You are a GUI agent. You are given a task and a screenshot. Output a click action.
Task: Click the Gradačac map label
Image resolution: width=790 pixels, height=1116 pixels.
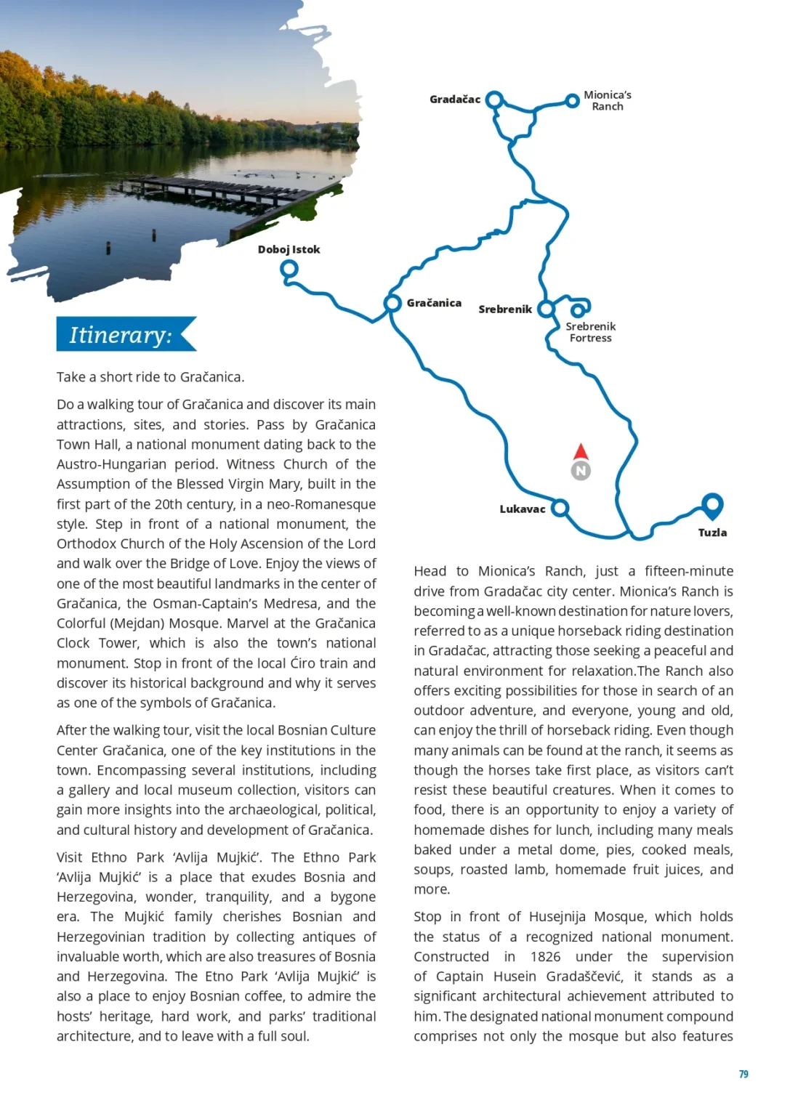tap(454, 100)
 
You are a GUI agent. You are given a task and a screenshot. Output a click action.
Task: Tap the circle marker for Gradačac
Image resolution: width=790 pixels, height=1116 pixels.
tap(494, 99)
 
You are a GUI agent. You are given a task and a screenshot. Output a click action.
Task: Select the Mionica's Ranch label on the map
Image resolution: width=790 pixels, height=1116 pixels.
tap(607, 100)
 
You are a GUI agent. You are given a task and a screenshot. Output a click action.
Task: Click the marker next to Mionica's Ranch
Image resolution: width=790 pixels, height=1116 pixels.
tap(573, 101)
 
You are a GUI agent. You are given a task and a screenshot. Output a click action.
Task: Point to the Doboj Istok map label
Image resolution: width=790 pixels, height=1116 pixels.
tap(289, 249)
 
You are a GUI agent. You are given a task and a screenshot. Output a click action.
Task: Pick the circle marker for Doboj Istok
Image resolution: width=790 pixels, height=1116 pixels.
tap(289, 269)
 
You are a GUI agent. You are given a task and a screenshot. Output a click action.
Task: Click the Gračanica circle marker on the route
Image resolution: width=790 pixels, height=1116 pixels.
tap(392, 302)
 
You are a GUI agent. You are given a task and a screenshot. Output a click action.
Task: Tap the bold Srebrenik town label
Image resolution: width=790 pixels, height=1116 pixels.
tap(505, 310)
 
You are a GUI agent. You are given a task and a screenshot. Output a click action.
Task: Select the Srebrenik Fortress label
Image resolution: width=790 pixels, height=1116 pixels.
tap(590, 332)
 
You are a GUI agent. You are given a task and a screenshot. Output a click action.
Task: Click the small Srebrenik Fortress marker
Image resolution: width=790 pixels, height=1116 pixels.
tap(577, 310)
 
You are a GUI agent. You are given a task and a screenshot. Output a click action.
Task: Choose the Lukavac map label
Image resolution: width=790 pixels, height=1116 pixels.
tap(522, 509)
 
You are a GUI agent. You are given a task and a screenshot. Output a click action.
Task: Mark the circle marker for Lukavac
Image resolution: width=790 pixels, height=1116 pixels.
tap(560, 508)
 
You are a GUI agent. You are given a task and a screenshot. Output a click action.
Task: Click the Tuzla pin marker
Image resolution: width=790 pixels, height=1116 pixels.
tap(712, 503)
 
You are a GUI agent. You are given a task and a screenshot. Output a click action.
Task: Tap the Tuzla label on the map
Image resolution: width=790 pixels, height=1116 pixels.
tap(712, 533)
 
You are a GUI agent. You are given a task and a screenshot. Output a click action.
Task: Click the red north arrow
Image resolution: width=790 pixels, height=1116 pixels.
tap(581, 451)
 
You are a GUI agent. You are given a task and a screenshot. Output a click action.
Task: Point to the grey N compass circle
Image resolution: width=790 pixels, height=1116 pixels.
tap(581, 471)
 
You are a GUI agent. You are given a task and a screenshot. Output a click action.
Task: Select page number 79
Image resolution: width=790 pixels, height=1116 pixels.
tap(743, 1074)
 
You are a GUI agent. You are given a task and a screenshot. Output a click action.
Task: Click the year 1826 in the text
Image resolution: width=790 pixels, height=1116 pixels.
tap(545, 957)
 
